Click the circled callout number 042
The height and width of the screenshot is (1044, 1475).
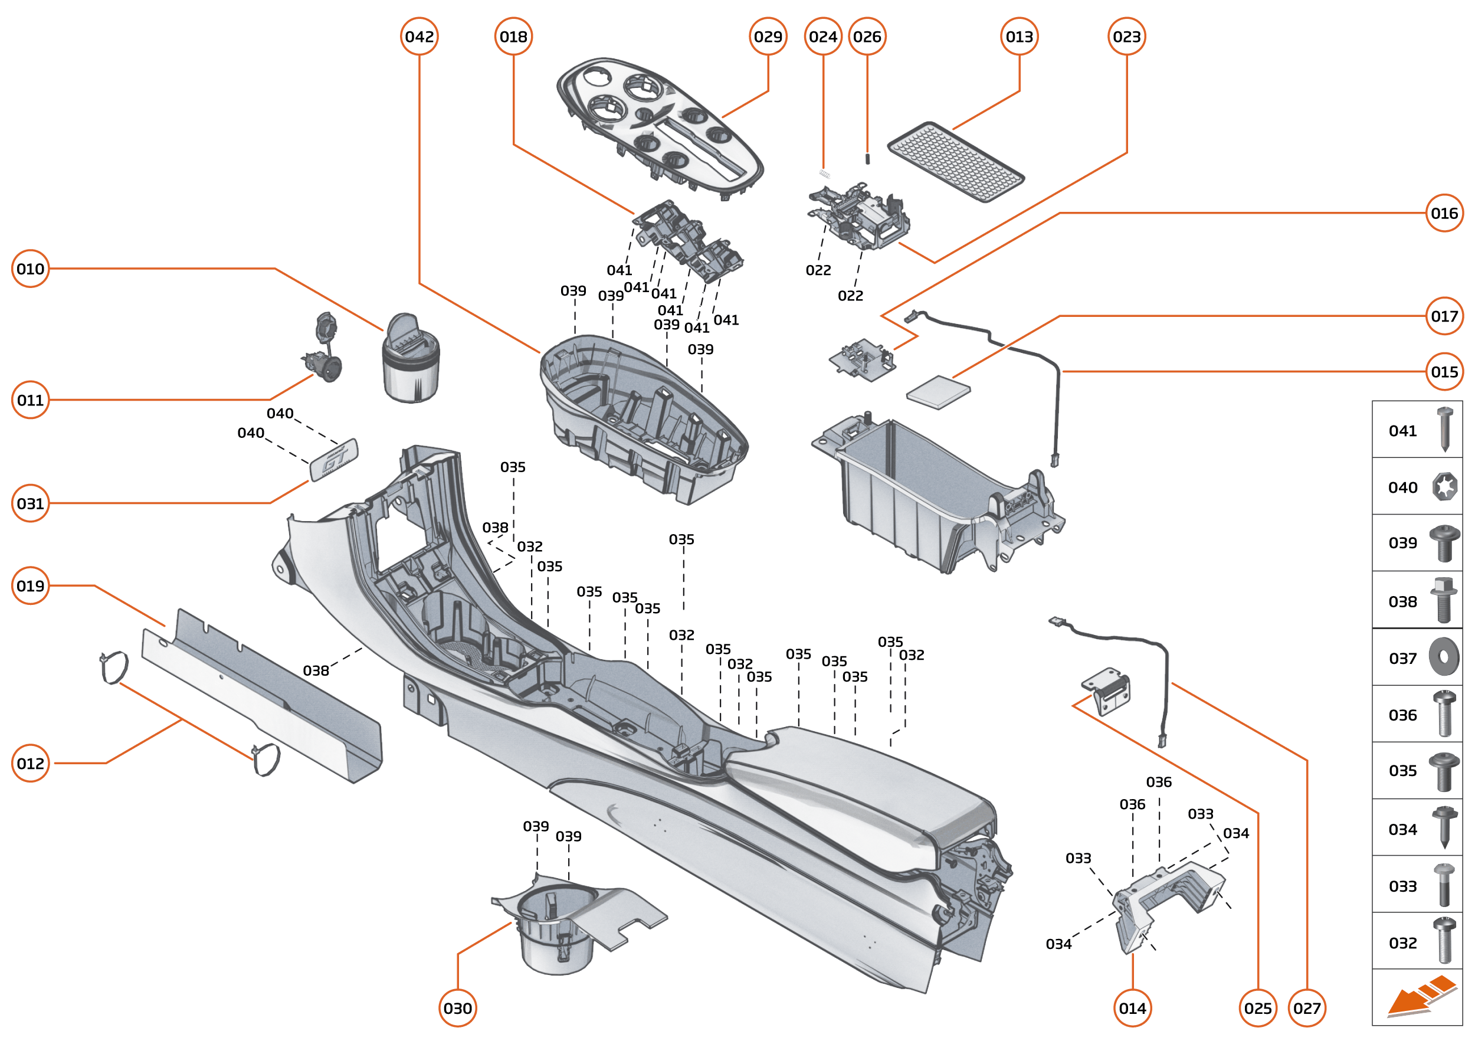click(419, 37)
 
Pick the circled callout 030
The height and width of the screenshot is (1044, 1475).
click(457, 1007)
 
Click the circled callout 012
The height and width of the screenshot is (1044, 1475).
click(30, 762)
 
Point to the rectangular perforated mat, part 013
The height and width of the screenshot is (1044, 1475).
click(955, 161)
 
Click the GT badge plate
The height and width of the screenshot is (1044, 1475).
click(334, 459)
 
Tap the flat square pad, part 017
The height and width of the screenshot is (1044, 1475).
click(938, 391)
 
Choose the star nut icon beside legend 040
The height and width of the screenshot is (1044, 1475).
click(1444, 486)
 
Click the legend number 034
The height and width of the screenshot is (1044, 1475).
click(1402, 829)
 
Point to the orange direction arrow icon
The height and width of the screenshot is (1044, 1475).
click(1420, 997)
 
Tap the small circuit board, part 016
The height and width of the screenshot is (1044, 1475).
click(861, 361)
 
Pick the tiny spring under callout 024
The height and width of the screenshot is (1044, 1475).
click(825, 174)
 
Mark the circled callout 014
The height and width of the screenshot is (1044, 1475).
click(1132, 1007)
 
